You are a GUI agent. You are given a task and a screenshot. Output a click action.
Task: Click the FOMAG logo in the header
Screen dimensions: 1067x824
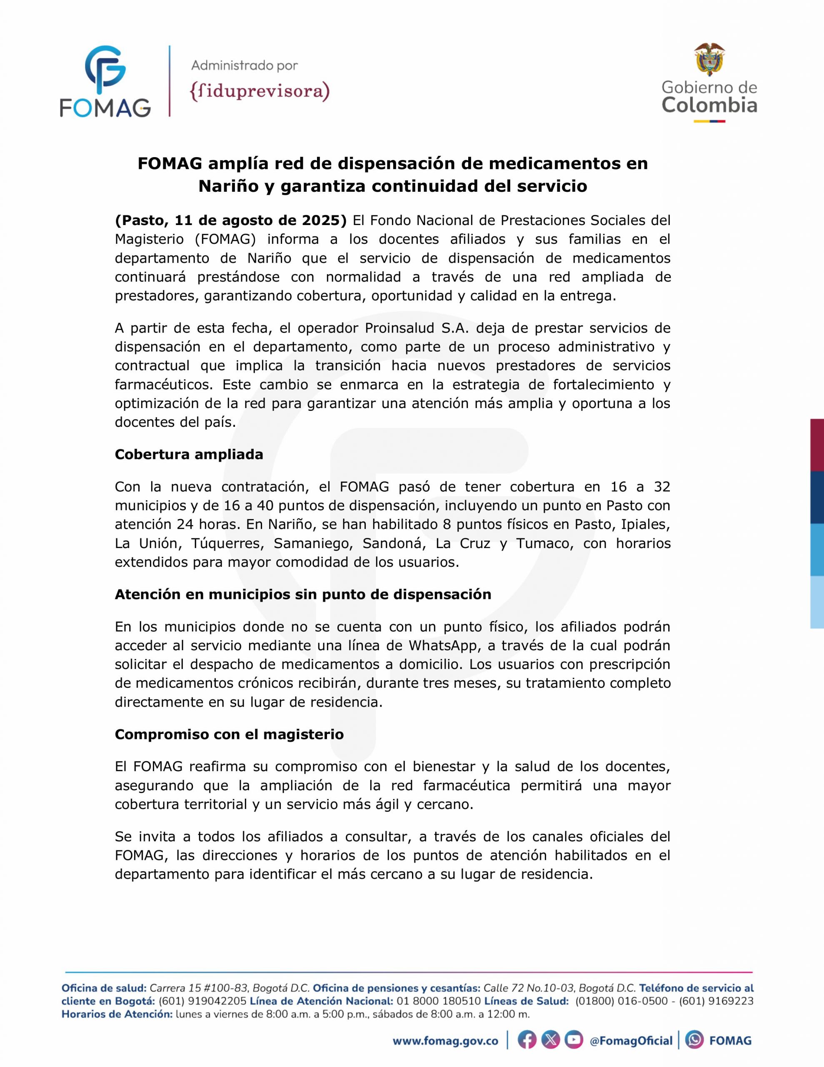(105, 81)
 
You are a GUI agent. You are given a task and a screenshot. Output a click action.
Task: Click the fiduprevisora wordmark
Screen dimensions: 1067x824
(260, 92)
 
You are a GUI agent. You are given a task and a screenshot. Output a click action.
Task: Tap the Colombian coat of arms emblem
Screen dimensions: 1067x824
(709, 60)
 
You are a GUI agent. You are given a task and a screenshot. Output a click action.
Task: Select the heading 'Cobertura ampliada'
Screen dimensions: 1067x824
(189, 454)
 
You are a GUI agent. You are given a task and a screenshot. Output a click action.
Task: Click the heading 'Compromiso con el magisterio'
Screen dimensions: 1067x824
(229, 734)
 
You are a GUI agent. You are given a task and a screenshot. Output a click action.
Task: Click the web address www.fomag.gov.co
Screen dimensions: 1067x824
(445, 1041)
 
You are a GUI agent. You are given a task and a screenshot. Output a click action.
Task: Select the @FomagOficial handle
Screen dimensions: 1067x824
(631, 1041)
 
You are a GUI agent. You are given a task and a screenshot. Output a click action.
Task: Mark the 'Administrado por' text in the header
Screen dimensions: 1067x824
(244, 65)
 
